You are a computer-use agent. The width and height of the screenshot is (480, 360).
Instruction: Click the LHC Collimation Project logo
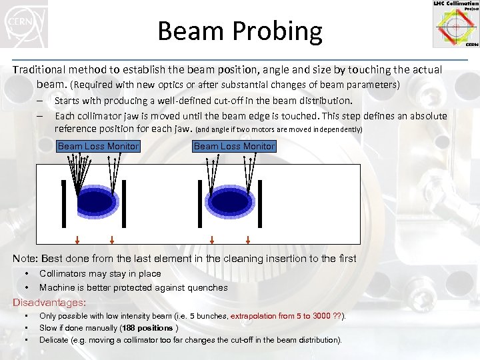tap(455, 24)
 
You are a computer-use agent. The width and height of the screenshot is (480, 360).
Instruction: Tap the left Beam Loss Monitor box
tap(99, 146)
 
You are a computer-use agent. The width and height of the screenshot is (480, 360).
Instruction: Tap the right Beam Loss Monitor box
tap(234, 146)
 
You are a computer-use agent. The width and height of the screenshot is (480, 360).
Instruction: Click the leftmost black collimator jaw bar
tap(63, 201)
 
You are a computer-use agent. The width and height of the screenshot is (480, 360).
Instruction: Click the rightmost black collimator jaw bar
tap(259, 201)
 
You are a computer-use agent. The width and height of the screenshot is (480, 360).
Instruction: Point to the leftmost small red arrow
tap(77, 240)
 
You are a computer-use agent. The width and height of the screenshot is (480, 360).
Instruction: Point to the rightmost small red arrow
tap(247, 240)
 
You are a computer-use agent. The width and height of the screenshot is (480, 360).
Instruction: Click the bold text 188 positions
tap(147, 328)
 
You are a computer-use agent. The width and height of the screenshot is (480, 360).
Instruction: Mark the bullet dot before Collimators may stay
tap(26, 274)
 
